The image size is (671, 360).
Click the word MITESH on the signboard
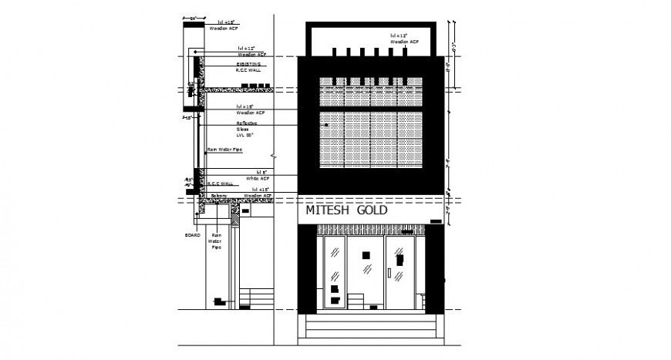click(327, 210)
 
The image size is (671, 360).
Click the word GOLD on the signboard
click(371, 210)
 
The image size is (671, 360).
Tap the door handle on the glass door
click(390, 272)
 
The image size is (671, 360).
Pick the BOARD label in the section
click(192, 234)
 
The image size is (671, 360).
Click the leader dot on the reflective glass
click(325, 123)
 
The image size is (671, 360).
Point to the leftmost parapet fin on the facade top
click(335, 52)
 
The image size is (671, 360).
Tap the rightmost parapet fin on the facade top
click(404, 52)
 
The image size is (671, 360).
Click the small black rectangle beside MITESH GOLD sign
click(436, 222)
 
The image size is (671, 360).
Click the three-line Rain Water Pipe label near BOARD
click(217, 241)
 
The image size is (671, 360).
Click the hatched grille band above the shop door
click(370, 230)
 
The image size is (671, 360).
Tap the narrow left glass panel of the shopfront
click(335, 274)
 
